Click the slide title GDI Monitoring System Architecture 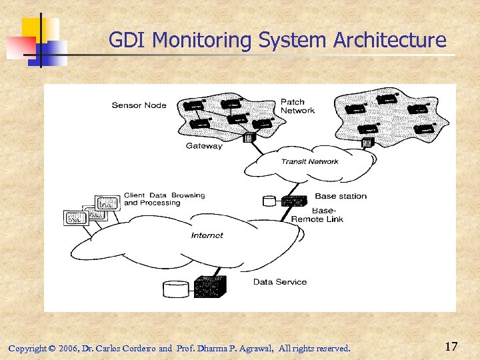point(277,40)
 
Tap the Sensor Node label point(139,105)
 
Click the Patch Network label point(297,106)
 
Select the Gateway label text point(204,146)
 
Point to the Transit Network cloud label point(309,161)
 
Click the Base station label point(340,196)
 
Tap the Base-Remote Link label point(317,215)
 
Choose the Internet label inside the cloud point(207,235)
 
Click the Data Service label point(280,282)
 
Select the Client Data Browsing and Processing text point(164,199)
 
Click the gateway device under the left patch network point(250,138)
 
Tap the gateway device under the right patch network point(366,142)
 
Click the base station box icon point(293,199)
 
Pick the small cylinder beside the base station point(270,200)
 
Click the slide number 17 point(451,346)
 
